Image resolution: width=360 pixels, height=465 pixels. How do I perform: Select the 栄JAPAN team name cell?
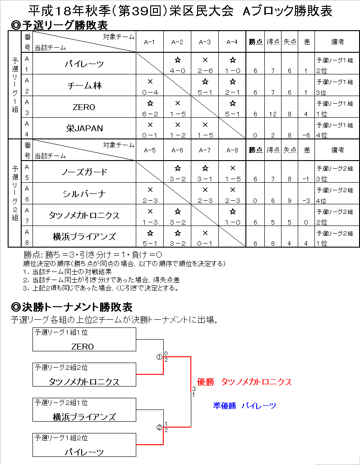click(x=84, y=128)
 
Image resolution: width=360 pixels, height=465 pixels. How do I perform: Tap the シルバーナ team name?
click(x=84, y=193)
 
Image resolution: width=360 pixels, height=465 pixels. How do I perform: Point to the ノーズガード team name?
click(x=84, y=172)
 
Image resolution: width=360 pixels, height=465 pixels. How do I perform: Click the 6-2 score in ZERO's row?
click(x=150, y=114)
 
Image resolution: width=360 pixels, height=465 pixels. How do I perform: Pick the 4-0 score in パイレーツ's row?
click(x=177, y=71)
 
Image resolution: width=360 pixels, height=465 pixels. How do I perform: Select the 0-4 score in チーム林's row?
click(x=150, y=92)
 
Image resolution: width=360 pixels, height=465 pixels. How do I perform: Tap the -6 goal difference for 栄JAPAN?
click(x=307, y=135)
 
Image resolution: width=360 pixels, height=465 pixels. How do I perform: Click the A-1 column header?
click(x=150, y=42)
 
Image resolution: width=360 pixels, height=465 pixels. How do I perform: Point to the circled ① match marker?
click(x=159, y=356)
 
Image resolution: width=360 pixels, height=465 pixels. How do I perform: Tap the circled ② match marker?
click(x=159, y=427)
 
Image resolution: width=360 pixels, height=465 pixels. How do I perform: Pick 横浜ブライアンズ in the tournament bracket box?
click(x=84, y=417)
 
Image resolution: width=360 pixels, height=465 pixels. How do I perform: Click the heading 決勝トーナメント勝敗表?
click(x=71, y=307)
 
